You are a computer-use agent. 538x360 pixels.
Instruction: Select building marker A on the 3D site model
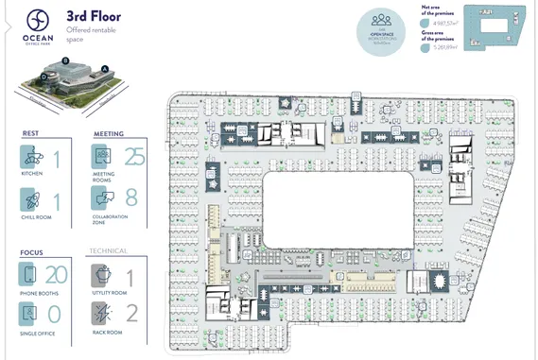click(105, 68)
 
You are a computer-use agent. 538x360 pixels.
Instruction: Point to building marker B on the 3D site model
click(64, 60)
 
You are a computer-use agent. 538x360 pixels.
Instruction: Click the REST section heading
click(30, 134)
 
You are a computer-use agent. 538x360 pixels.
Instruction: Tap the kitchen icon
click(32, 158)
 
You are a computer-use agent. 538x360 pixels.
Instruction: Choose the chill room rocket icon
click(32, 199)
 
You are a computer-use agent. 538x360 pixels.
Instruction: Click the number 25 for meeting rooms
click(135, 157)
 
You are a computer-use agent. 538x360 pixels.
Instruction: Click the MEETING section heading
click(108, 134)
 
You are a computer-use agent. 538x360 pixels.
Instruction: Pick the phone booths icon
click(30, 275)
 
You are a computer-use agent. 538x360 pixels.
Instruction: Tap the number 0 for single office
click(55, 315)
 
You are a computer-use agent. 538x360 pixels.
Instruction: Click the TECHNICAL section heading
click(108, 251)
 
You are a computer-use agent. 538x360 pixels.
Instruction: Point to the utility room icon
click(102, 275)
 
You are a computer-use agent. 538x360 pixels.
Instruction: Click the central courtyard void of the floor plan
click(337, 210)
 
